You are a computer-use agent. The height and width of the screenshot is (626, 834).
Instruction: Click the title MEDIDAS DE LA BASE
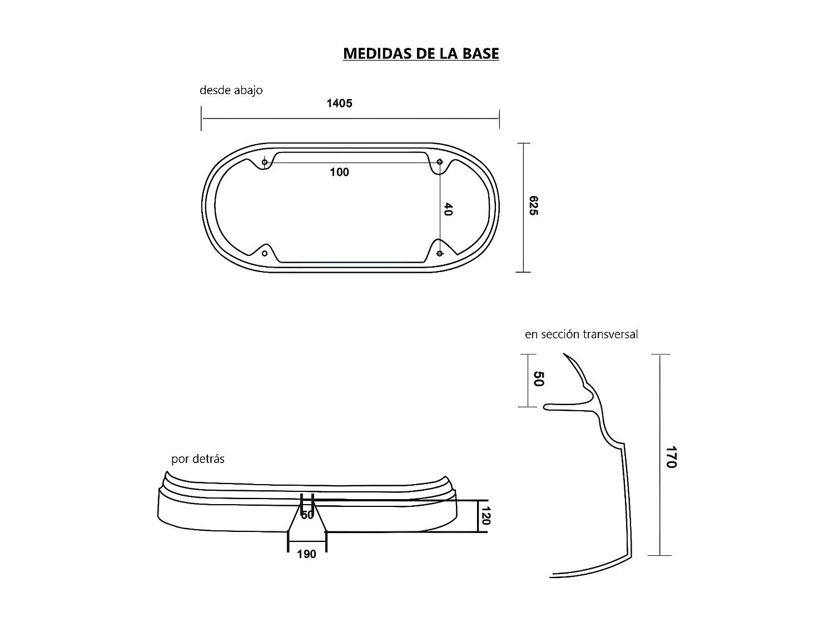[421, 53]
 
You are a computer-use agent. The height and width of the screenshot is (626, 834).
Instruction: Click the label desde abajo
[231, 90]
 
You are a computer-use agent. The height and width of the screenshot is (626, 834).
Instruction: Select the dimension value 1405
[339, 103]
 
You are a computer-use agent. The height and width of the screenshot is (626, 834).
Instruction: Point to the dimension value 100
[339, 172]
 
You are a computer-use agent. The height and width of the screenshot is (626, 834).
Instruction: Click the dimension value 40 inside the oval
[448, 209]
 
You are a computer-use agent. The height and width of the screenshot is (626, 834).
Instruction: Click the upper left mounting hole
[265, 162]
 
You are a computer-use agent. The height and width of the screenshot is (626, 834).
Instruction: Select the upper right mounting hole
[440, 162]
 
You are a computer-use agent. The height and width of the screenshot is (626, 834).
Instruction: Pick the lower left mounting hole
[265, 254]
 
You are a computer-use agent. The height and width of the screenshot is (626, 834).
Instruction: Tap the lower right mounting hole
[440, 254]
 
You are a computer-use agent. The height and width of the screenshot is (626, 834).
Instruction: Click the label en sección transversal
[581, 334]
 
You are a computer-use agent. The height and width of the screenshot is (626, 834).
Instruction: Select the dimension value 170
[671, 456]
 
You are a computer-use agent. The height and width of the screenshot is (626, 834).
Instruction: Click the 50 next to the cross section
[538, 379]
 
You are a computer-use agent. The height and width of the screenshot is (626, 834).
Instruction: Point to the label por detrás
[198, 460]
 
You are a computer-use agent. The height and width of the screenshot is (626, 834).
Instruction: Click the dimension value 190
[306, 554]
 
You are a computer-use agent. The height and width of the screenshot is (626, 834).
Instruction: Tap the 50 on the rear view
[307, 515]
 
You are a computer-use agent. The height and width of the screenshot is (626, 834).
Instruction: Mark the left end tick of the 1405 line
[201, 119]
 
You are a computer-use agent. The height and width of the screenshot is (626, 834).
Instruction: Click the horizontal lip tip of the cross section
[545, 407]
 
